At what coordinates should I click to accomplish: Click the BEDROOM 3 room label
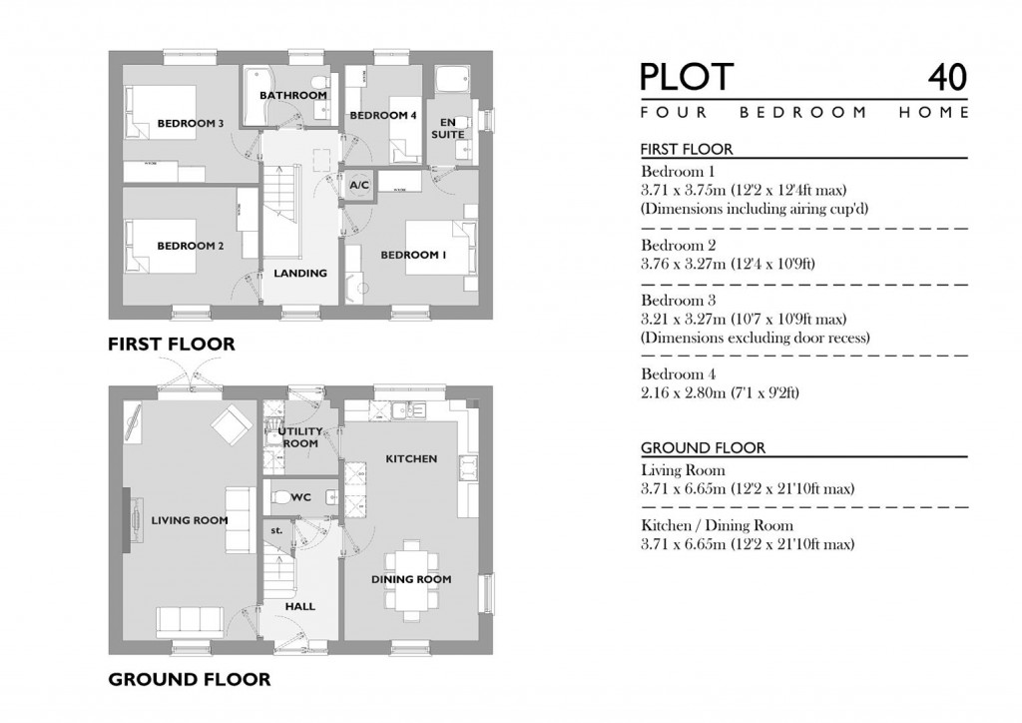coord(190,124)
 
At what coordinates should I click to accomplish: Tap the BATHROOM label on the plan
coord(293,96)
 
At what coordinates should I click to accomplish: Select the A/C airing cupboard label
coord(359,186)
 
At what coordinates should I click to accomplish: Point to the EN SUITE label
coord(448,128)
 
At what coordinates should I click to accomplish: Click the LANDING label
coord(300,273)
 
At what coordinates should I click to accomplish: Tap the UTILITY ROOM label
coord(298,437)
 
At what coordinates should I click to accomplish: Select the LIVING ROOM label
coord(190,520)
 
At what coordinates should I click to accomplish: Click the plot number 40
coord(946,78)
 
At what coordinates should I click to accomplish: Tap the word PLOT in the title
coord(687,78)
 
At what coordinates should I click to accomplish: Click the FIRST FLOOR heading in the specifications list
coord(687,150)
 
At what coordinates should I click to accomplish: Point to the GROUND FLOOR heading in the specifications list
coord(703,448)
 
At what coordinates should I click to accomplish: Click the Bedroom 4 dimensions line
coord(720,393)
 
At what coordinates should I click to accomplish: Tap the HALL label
coord(299,606)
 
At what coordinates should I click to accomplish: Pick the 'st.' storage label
coord(276,531)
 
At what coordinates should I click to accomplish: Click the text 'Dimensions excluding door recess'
coord(755,338)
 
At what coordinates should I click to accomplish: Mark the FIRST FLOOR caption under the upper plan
coord(172,345)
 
